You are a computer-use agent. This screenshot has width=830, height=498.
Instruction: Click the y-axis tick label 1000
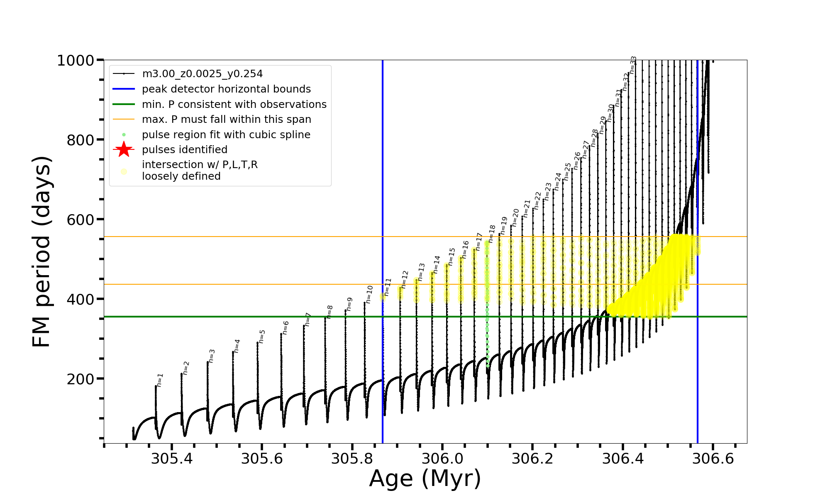point(76,61)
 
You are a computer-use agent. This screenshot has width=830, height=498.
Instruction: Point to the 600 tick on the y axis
point(81,220)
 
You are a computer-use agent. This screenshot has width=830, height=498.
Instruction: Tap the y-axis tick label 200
point(81,379)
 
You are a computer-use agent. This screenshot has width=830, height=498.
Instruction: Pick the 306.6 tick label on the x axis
point(713,459)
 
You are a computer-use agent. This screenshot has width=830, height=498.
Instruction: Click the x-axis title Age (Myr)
point(425,478)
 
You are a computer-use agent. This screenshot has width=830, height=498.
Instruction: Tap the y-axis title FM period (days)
point(41,251)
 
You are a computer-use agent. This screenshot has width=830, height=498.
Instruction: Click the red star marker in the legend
point(124,149)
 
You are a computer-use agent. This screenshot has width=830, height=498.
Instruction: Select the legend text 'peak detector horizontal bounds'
point(226,89)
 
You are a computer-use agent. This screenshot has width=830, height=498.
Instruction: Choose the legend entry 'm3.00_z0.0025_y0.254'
point(202,74)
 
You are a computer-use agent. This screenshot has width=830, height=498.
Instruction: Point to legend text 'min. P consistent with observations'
point(234,104)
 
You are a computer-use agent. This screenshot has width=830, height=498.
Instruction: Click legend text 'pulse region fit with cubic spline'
point(226,134)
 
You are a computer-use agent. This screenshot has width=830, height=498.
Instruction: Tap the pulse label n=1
point(160,380)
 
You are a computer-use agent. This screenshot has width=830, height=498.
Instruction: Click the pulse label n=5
point(262,337)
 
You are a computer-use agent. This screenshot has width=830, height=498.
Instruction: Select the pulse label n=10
point(369,294)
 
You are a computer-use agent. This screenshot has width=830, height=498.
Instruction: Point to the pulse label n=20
point(515,217)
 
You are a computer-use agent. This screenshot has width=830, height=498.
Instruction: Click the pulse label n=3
point(212,356)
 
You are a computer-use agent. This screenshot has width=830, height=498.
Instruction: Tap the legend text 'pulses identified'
point(185,149)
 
